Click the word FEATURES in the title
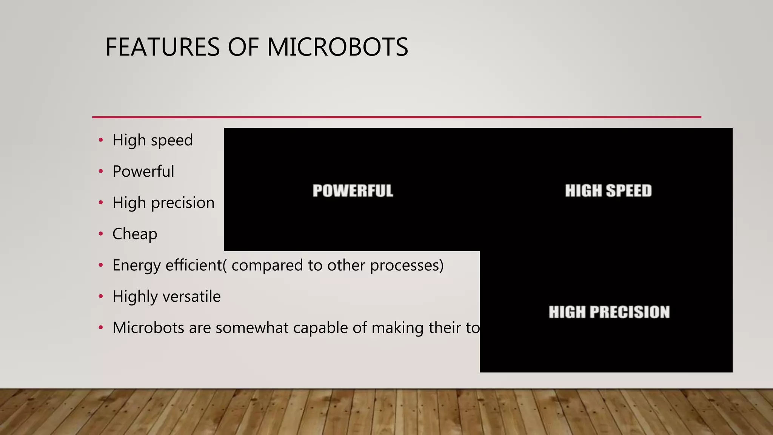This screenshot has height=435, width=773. [162, 47]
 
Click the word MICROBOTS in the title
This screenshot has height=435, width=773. [337, 47]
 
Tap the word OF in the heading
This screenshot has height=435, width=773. [243, 47]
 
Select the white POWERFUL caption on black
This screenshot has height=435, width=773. [353, 191]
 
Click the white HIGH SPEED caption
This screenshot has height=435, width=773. [608, 191]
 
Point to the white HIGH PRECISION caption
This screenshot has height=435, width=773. [609, 312]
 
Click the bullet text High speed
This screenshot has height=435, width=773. [152, 140]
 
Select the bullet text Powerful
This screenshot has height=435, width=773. [143, 171]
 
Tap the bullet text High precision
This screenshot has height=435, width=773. [163, 203]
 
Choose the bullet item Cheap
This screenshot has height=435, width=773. [135, 234]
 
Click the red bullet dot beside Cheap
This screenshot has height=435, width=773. [100, 234]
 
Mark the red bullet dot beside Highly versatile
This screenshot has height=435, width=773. [100, 296]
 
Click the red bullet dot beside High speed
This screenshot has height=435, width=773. [100, 140]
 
